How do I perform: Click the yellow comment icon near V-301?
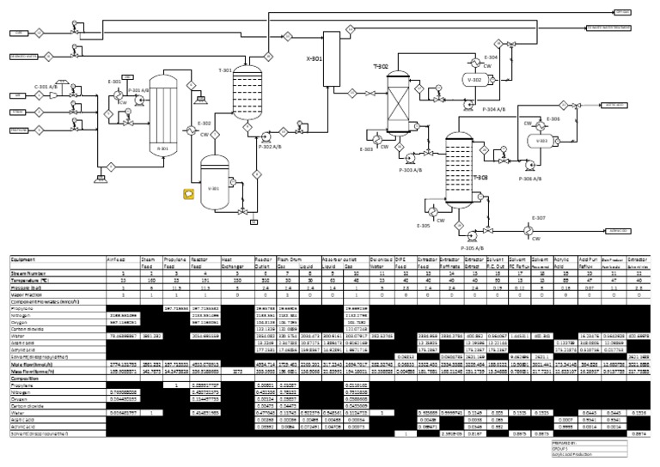187,194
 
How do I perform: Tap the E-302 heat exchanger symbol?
205,132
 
